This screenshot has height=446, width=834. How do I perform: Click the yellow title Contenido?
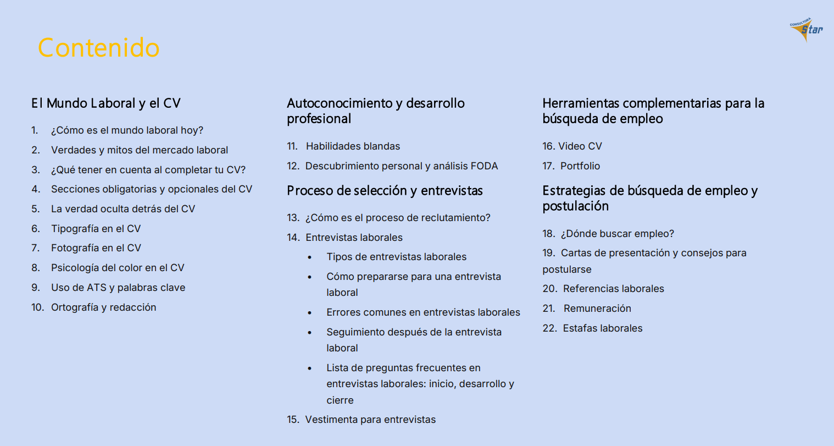pyautogui.click(x=99, y=48)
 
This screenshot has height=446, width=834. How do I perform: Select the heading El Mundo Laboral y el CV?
pyautogui.click(x=106, y=103)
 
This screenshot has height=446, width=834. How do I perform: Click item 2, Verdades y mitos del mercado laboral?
pyautogui.click(x=139, y=150)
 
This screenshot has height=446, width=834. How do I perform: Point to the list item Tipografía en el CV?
pyautogui.click(x=96, y=229)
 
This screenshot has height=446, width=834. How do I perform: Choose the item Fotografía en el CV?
pyautogui.click(x=96, y=248)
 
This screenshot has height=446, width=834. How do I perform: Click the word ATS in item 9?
pyautogui.click(x=97, y=288)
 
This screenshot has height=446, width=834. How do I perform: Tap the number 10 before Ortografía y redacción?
pyautogui.click(x=37, y=307)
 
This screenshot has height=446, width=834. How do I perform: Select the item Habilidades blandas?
pyautogui.click(x=353, y=146)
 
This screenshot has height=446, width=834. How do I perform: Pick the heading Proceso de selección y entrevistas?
pyautogui.click(x=385, y=191)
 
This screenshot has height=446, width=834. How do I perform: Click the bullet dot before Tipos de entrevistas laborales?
pyautogui.click(x=310, y=257)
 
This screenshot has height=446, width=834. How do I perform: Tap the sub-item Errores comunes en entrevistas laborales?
pyautogui.click(x=423, y=312)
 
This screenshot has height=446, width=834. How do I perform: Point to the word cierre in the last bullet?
pyautogui.click(x=340, y=400)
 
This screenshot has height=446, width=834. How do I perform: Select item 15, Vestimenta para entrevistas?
pyautogui.click(x=370, y=420)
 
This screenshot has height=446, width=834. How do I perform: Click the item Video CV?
pyautogui.click(x=580, y=146)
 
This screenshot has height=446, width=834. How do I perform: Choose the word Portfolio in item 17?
pyautogui.click(x=580, y=166)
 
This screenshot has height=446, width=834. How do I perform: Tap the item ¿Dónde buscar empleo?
pyautogui.click(x=617, y=234)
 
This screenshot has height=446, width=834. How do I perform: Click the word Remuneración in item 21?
pyautogui.click(x=597, y=309)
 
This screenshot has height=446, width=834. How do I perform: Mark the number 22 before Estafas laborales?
pyautogui.click(x=549, y=328)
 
